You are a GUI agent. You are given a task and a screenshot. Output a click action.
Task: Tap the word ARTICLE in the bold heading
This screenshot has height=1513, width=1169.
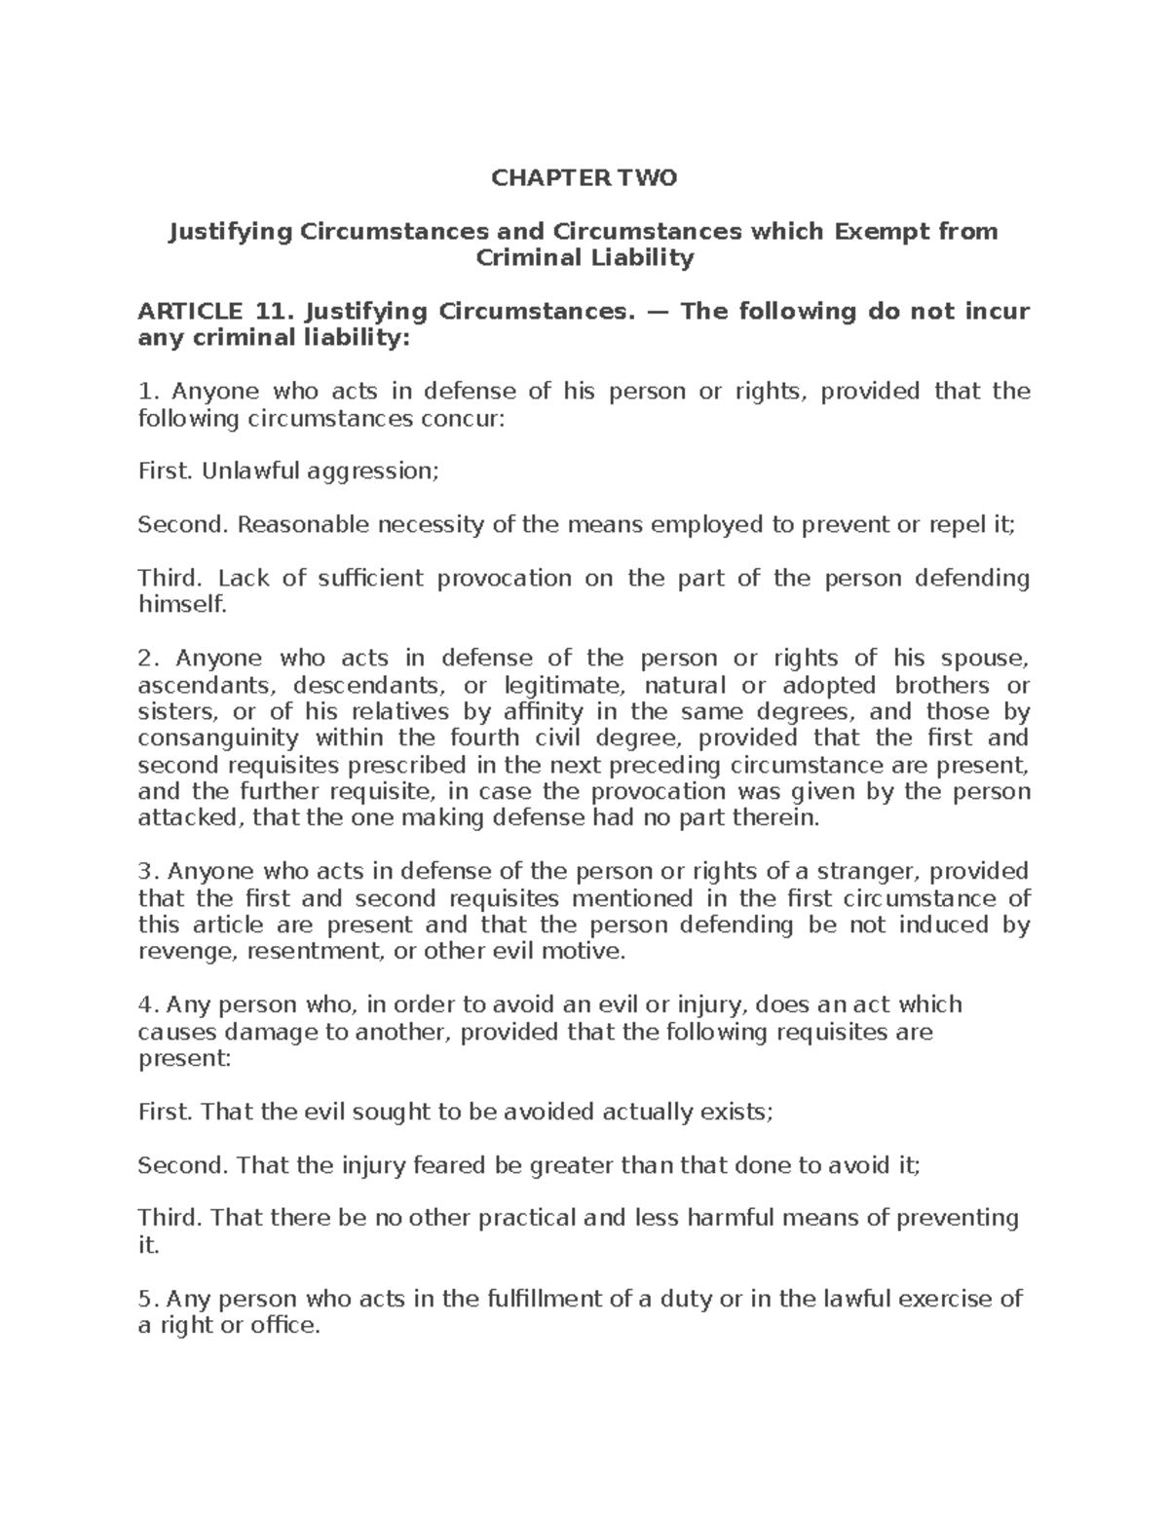click(190, 312)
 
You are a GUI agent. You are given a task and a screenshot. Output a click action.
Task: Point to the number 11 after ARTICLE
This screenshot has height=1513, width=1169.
click(273, 312)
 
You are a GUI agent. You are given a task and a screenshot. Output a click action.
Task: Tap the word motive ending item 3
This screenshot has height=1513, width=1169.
click(585, 951)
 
